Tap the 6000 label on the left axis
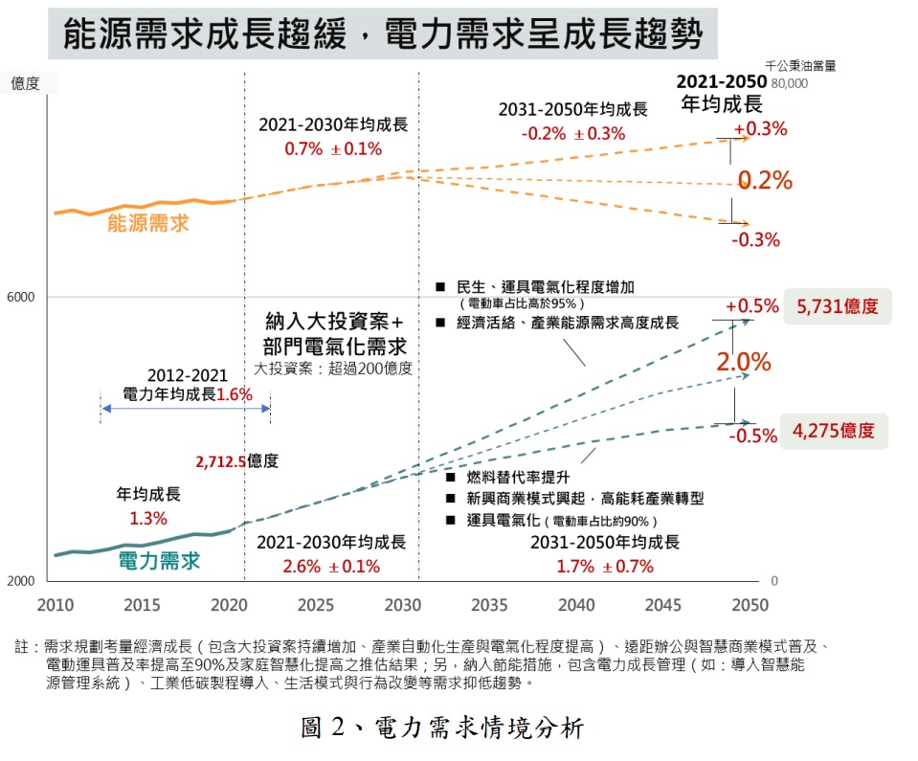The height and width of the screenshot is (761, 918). coord(22,297)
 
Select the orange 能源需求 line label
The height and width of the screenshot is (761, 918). coord(148,224)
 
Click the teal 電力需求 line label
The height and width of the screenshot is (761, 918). coord(159,560)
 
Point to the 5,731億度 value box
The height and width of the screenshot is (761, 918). coord(837,307)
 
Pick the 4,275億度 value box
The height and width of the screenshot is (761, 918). coord(834,431)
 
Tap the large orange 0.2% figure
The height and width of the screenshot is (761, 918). coord(765,180)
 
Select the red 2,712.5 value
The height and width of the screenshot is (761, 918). coord(219,461)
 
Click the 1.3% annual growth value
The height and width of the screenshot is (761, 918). coord(148,519)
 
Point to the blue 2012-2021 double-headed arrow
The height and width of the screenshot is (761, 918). coord(186,409)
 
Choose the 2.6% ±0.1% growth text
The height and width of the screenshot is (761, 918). coord(331,566)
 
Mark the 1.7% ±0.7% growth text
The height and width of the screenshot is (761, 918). coord(605,566)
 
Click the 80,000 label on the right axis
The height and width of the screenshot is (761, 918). coord(790,83)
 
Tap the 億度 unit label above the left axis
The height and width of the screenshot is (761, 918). coord(25,83)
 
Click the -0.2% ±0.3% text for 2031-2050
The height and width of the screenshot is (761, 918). coord(572,133)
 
